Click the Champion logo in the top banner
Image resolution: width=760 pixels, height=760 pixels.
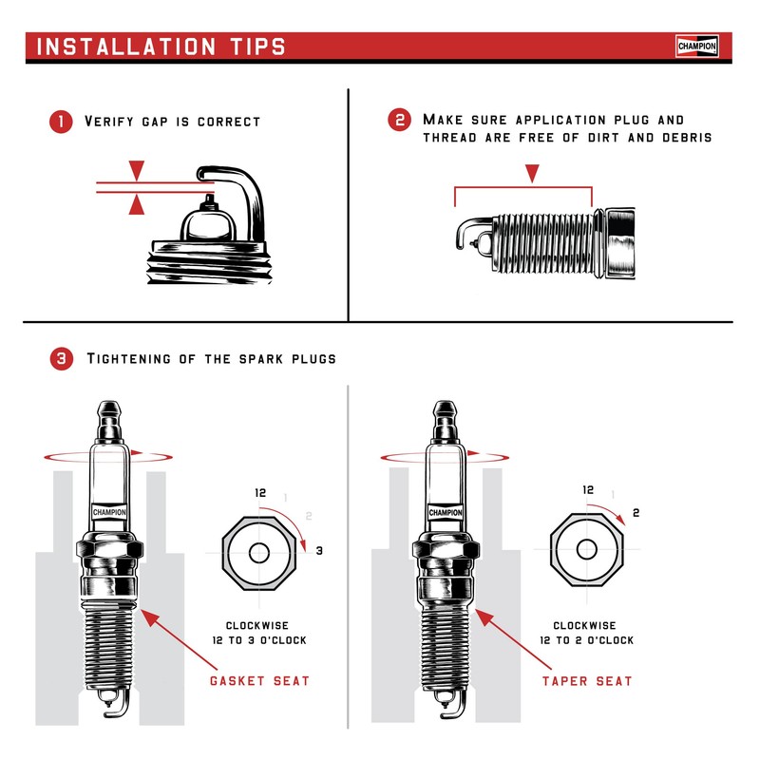(x=697, y=46)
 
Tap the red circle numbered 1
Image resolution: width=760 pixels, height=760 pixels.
(x=61, y=122)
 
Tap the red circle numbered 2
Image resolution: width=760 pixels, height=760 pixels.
(x=400, y=121)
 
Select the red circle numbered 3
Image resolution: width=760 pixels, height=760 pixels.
(x=61, y=359)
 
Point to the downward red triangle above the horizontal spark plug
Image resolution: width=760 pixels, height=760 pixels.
(x=532, y=173)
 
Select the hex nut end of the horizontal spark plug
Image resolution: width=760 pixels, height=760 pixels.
(x=617, y=244)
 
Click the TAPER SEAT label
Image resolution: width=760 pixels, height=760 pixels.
(x=587, y=681)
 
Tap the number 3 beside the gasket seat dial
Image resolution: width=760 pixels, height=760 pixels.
(x=320, y=551)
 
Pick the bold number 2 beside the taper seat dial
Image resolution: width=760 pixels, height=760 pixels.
(x=636, y=513)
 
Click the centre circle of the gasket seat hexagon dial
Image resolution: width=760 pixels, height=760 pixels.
(x=258, y=552)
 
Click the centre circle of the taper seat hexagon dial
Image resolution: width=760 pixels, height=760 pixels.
(x=586, y=549)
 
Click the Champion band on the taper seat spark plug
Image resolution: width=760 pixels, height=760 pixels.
(x=445, y=512)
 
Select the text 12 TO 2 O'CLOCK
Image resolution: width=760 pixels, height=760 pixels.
(x=586, y=640)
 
